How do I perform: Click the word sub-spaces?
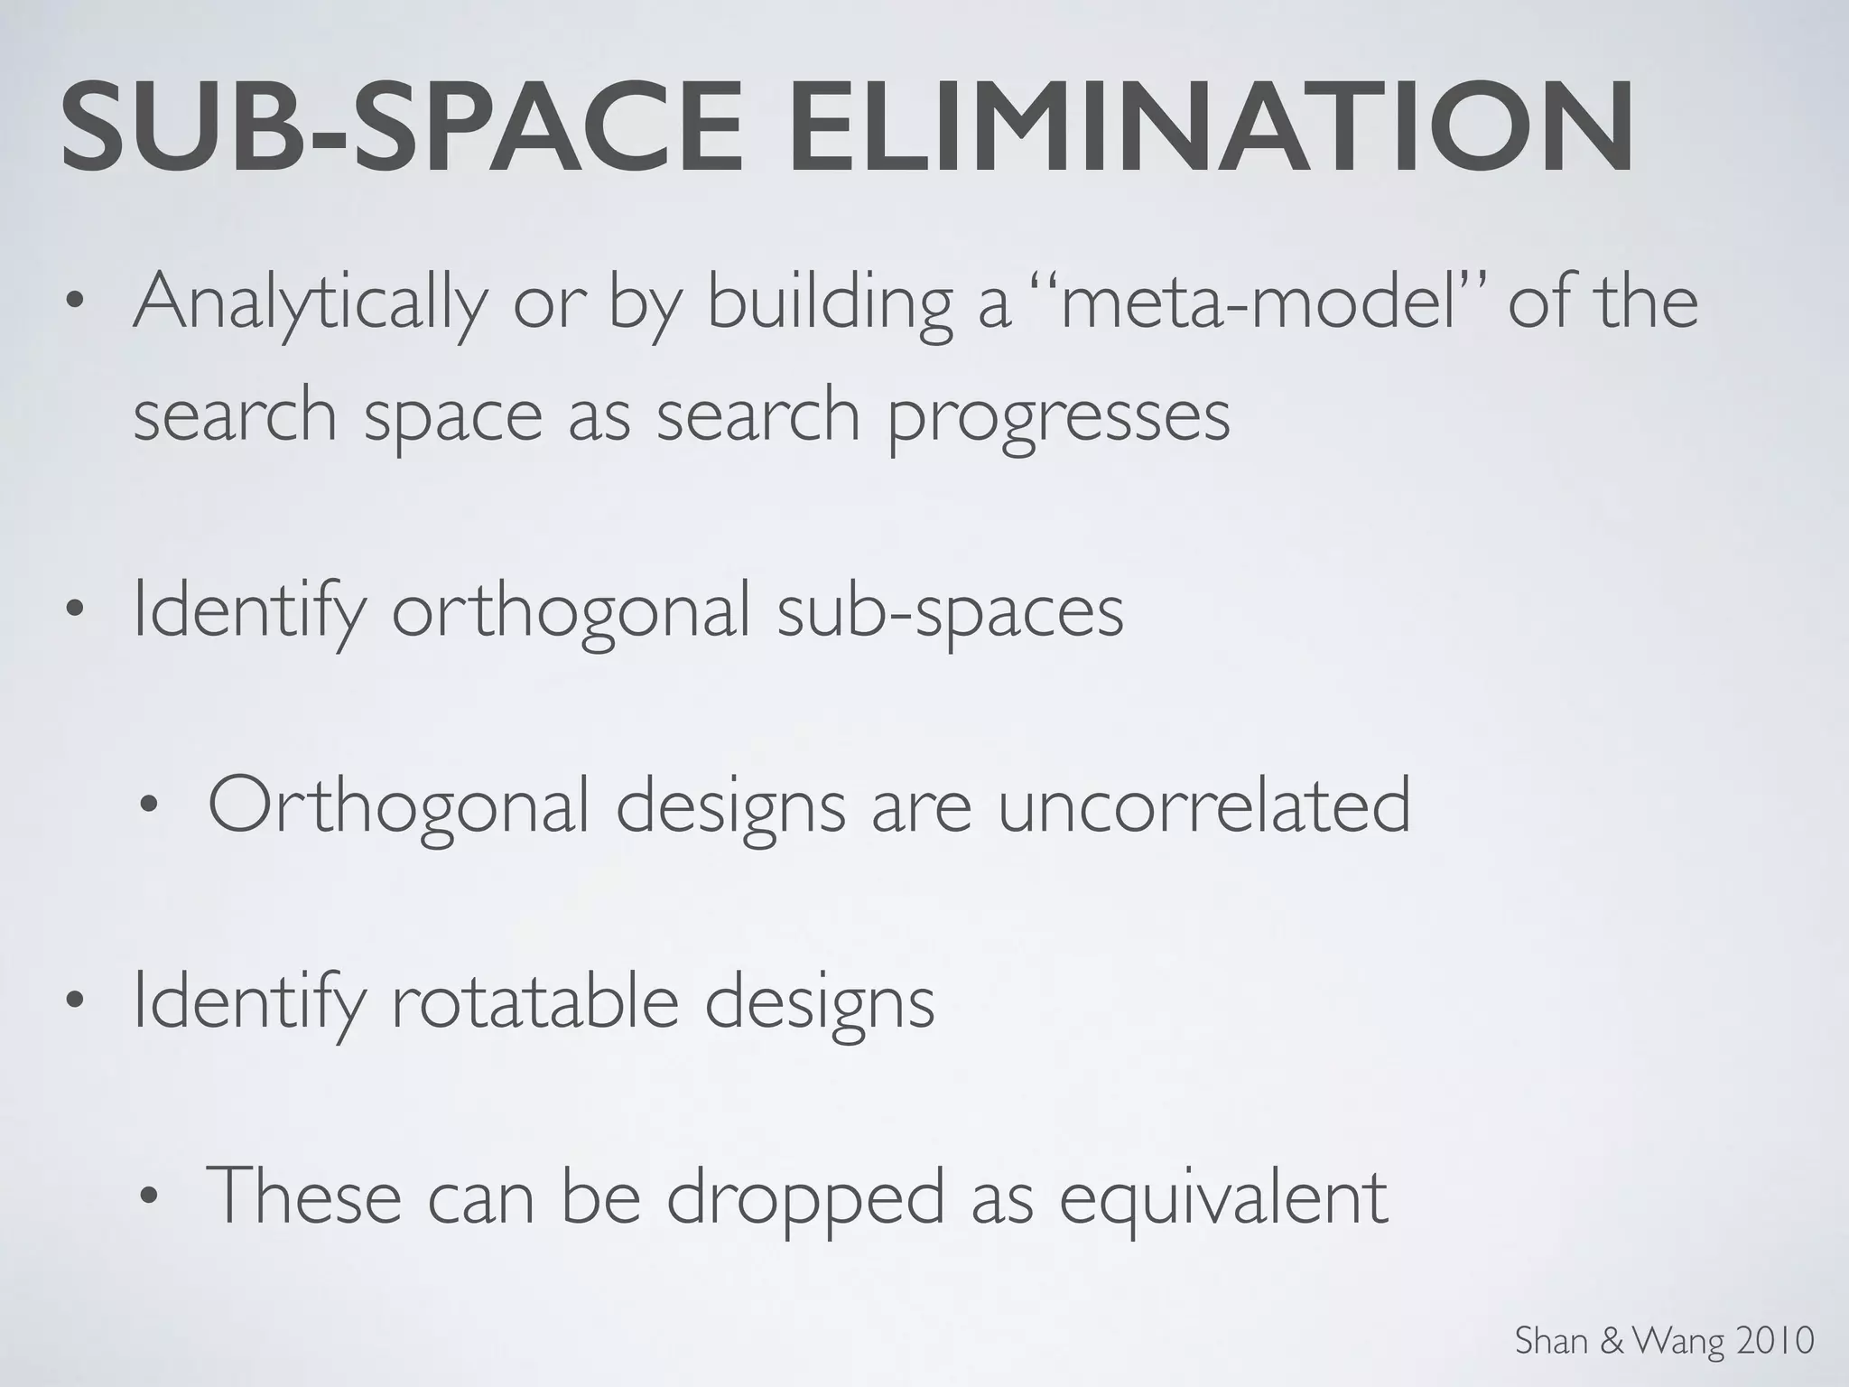[950, 611]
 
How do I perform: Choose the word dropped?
[805, 1197]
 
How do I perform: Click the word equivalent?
[1223, 1197]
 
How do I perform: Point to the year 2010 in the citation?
[1777, 1341]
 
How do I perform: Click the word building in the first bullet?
[829, 303]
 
